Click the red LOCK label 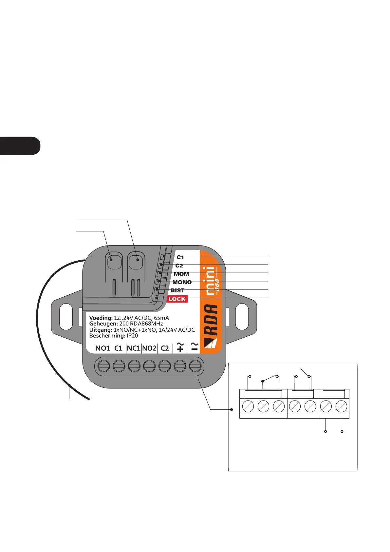(x=177, y=299)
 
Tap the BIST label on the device (x=177, y=290)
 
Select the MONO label (x=182, y=282)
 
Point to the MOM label (x=181, y=274)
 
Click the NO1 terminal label (x=102, y=348)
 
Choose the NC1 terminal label (x=134, y=348)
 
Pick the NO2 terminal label (x=149, y=348)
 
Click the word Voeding (x=101, y=318)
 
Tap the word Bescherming (x=107, y=336)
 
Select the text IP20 (x=133, y=336)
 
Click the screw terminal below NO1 (x=103, y=365)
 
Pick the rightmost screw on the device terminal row (x=195, y=365)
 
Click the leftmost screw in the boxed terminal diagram (x=248, y=407)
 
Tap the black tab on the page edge (x=20, y=146)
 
